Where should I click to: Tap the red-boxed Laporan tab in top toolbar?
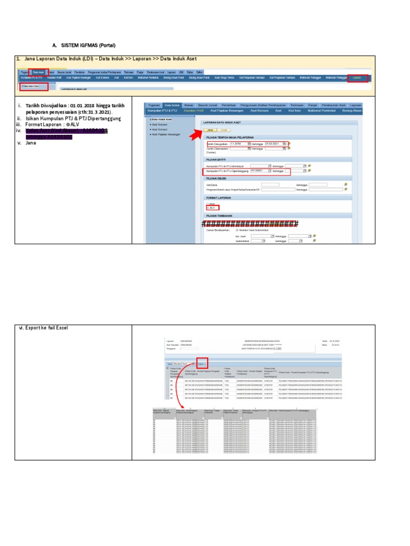point(357,78)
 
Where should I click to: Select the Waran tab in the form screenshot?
point(188,105)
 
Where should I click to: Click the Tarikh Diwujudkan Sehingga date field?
point(275,144)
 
